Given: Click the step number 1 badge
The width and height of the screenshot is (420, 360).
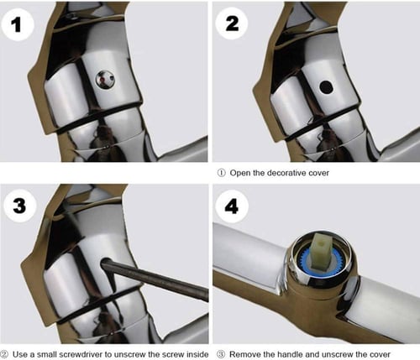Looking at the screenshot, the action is pos(18,24).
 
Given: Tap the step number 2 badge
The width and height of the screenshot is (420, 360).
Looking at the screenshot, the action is pos(232,23).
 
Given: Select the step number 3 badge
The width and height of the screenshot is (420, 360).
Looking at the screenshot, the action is pos(19,206).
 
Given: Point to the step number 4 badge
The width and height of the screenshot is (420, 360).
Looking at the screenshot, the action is pos(232,207).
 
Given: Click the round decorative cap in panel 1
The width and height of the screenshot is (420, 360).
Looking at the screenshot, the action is pos(105,80).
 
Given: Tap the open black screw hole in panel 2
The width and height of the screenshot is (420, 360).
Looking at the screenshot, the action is pos(326,87).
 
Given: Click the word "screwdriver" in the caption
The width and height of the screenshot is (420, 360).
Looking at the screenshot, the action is pos(74,354).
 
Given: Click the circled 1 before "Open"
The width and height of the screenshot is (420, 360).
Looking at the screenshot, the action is pos(221,173).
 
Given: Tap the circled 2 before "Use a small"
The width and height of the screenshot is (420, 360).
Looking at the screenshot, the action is pos(4,354).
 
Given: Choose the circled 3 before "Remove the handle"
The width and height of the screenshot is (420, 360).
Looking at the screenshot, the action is pos(221,354).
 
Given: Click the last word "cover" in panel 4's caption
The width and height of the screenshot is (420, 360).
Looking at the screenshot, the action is pos(380,354).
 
